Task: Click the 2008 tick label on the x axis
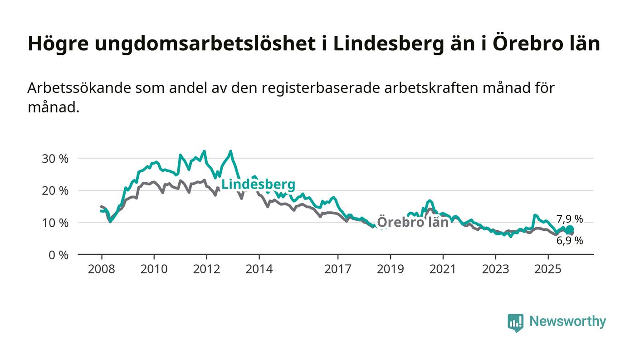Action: tap(102, 269)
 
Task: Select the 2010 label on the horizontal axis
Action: tap(154, 269)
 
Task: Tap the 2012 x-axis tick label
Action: tap(206, 269)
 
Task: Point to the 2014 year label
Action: tap(259, 269)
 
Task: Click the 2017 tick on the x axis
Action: tap(337, 269)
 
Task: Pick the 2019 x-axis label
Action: tap(390, 269)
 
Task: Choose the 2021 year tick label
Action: tap(442, 269)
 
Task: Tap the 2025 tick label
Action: tap(547, 269)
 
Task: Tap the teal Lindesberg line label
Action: tap(258, 185)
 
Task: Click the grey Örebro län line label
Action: tap(413, 222)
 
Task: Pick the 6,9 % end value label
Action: tap(570, 241)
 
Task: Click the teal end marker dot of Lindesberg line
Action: tap(570, 229)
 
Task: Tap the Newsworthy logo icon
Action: tap(515, 322)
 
